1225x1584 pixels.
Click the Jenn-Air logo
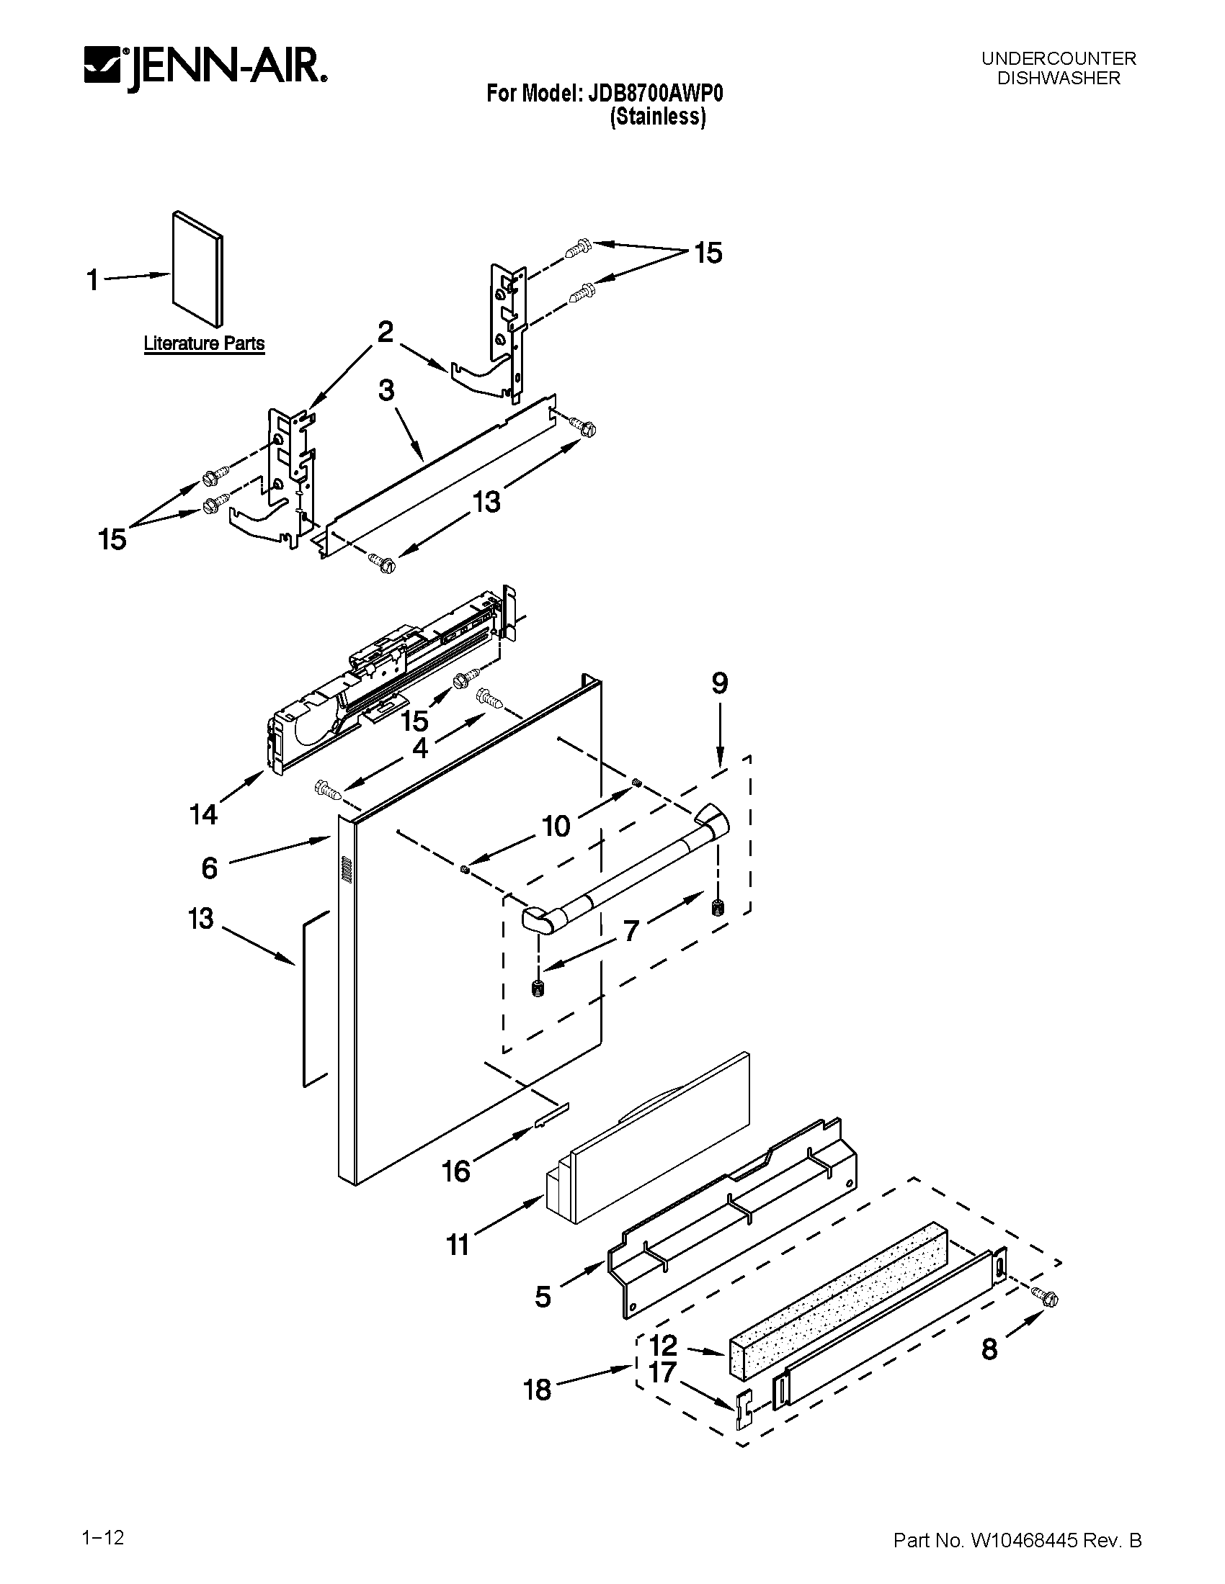point(205,71)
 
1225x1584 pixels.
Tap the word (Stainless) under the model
point(657,117)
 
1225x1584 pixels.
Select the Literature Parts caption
point(204,343)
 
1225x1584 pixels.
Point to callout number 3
point(386,390)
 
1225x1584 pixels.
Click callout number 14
point(204,814)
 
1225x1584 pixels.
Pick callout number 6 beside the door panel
point(209,868)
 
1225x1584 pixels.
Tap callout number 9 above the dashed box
point(719,683)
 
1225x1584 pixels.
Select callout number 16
point(456,1171)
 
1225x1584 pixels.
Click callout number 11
point(457,1245)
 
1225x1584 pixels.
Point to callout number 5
point(543,1297)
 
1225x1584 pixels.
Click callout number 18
point(538,1390)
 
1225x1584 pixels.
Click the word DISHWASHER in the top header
point(1058,78)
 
